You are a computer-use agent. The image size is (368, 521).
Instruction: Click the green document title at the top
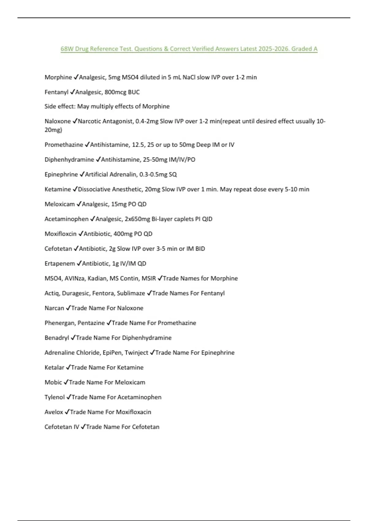pyautogui.click(x=189, y=49)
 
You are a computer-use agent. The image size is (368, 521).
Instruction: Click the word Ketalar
pyautogui.click(x=54, y=367)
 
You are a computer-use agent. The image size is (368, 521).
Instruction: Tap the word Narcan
pyautogui.click(x=54, y=308)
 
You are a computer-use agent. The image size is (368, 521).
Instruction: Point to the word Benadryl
pyautogui.click(x=57, y=338)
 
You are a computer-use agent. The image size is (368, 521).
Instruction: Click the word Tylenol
pyautogui.click(x=55, y=397)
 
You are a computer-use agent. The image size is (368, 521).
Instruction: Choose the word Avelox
pyautogui.click(x=54, y=412)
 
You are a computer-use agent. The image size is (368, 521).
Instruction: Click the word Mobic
pyautogui.click(x=53, y=382)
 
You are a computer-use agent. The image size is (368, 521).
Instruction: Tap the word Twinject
pyautogui.click(x=136, y=353)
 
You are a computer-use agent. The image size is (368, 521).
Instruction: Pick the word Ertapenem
pyautogui.click(x=59, y=264)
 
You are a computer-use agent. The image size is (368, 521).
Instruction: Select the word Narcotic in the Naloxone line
pyautogui.click(x=90, y=121)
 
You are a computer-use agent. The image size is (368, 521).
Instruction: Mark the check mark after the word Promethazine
pyautogui.click(x=87, y=144)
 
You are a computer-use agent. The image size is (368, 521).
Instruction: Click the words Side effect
pyautogui.click(x=59, y=106)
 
